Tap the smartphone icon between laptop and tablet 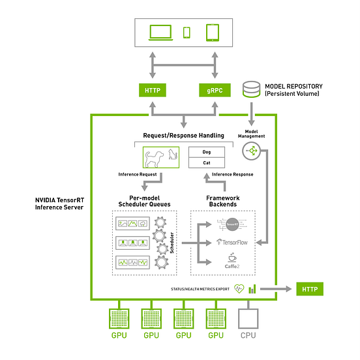click(x=186, y=33)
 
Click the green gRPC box click(x=215, y=91)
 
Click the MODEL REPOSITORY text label click(x=293, y=86)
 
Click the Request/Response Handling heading click(x=183, y=136)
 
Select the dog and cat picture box click(x=160, y=157)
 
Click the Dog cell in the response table click(x=207, y=151)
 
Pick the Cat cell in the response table click(x=207, y=162)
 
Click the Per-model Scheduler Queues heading click(x=144, y=200)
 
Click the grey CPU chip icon click(x=247, y=318)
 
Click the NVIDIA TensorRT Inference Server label click(x=58, y=203)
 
